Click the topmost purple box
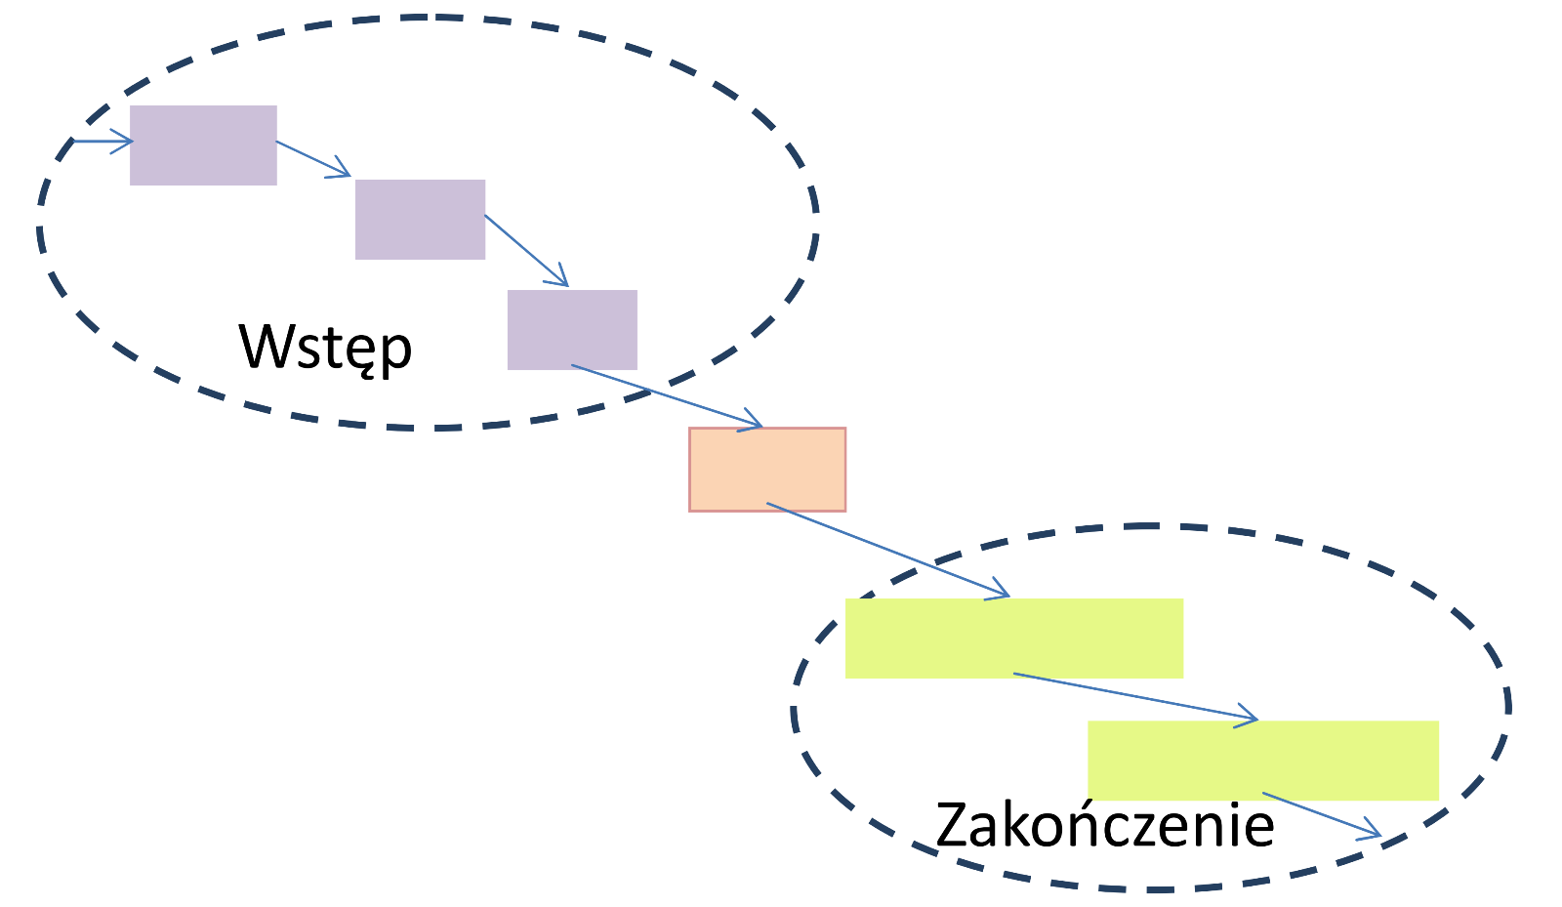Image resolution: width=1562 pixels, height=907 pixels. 203,144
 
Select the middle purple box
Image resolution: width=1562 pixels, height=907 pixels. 420,219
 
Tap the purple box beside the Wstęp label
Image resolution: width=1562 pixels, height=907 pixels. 572,329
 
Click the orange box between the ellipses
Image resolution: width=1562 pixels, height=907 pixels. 767,469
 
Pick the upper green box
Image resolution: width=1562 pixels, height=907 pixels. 1013,638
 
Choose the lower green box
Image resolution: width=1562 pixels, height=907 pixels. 1262,760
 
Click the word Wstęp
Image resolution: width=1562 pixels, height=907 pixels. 326,348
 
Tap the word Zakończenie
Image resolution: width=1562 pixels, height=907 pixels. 1104,825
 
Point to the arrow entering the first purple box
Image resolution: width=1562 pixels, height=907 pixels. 103,142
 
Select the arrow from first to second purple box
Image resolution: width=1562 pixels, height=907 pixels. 313,159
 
